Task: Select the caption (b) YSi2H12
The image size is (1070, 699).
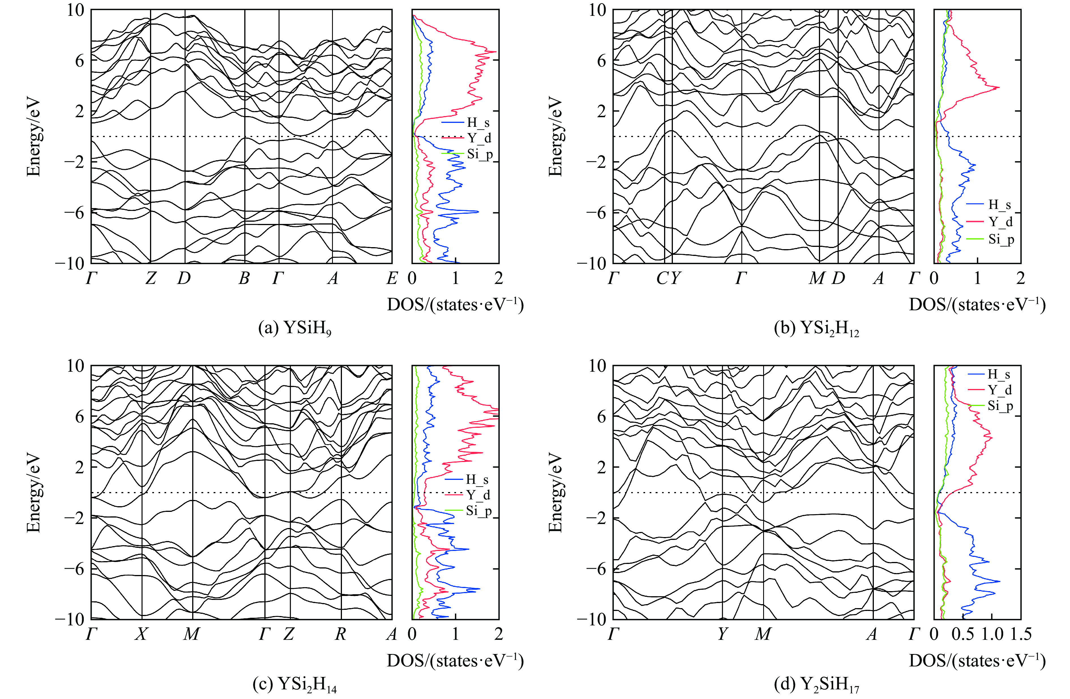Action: tap(816, 329)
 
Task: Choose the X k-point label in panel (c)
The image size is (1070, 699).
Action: tap(142, 634)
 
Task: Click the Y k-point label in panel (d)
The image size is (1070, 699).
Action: tap(722, 634)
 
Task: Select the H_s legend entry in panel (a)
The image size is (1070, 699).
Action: tap(478, 122)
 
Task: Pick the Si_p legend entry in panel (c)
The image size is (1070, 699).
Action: tap(479, 511)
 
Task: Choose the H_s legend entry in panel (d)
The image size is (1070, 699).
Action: tap(998, 374)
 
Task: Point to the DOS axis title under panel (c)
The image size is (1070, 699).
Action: tap(455, 660)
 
